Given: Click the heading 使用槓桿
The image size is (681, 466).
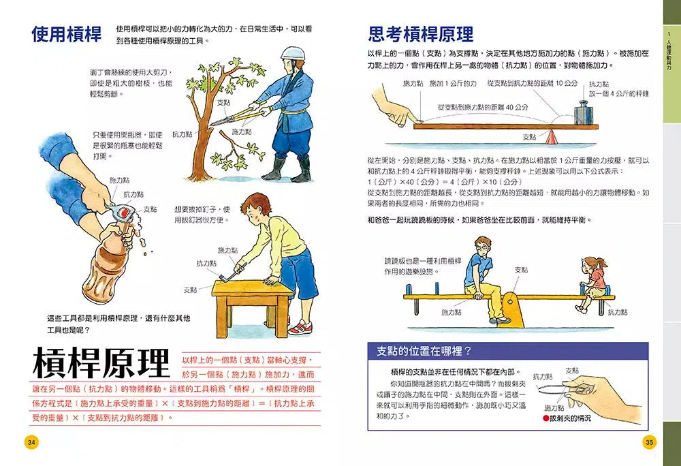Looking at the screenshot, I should (66, 34).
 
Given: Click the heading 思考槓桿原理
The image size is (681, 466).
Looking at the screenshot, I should (420, 34).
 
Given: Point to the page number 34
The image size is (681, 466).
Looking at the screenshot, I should (31, 442).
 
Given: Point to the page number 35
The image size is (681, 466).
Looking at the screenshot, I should (648, 442).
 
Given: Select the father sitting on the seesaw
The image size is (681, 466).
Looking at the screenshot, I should (484, 276).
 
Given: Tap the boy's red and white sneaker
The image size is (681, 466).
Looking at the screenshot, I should (300, 328).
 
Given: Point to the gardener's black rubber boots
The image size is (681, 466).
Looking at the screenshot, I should (287, 169).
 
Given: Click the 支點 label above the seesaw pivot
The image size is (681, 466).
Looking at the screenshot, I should (521, 270).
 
